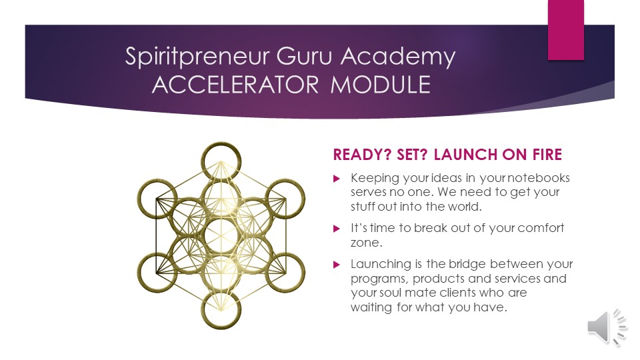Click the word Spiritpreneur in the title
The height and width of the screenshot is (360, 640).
197,56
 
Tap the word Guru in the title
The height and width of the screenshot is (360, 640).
304,55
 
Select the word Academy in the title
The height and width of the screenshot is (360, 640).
398,57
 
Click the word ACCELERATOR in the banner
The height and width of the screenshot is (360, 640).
235,85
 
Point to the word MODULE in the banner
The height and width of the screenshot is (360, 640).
381,85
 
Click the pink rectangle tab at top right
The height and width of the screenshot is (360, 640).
566,30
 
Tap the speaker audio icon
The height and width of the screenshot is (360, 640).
607,327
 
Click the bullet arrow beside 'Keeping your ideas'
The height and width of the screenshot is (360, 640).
337,179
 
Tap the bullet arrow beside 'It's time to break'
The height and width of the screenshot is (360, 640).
337,229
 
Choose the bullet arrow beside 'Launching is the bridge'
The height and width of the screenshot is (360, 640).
337,265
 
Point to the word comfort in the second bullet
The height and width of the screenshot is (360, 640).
541,228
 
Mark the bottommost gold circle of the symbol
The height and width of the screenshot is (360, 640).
221,327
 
